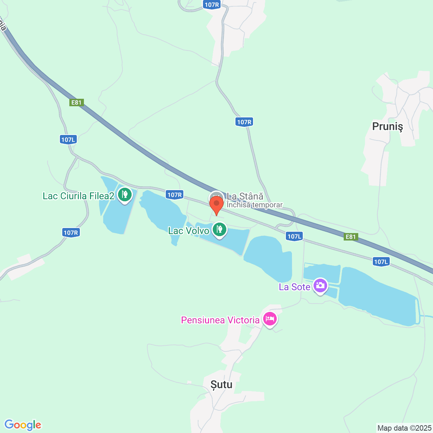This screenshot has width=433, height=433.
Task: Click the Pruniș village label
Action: (387, 127)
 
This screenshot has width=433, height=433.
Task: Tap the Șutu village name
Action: (222, 385)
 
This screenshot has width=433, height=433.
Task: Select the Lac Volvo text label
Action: (189, 231)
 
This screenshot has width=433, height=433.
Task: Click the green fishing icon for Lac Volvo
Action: (220, 230)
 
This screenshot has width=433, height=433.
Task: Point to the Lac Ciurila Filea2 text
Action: (78, 196)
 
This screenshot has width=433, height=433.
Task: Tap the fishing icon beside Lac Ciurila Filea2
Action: (125, 195)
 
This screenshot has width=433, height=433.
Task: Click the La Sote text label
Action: (294, 287)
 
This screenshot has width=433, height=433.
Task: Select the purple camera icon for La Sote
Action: (320, 286)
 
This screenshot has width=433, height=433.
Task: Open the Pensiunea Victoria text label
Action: (220, 320)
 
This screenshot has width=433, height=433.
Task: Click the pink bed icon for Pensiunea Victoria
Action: (270, 319)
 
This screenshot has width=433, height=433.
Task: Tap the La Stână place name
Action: (245, 196)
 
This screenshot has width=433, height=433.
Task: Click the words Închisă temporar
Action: (254, 205)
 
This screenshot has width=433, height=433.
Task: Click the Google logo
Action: (23, 425)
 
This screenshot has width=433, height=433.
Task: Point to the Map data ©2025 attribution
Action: (405, 428)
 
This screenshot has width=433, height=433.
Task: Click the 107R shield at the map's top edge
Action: (212, 4)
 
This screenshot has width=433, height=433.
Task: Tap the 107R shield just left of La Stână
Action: (175, 195)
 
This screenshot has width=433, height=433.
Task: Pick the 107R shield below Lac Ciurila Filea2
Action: (71, 232)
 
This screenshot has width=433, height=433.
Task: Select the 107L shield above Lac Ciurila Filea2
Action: (68, 139)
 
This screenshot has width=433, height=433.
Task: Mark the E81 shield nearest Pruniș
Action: (350, 236)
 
